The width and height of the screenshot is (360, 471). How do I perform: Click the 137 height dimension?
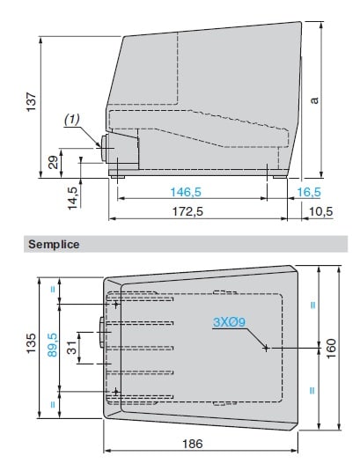[x=31, y=102]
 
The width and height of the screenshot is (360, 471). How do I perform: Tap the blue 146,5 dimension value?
[x=186, y=192]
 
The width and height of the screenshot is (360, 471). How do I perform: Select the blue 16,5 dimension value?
[x=309, y=192]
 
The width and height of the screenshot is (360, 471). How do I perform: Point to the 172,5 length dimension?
[x=187, y=211]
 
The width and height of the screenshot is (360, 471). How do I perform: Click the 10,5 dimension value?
[x=320, y=211]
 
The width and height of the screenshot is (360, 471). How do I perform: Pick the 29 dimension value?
[x=53, y=162]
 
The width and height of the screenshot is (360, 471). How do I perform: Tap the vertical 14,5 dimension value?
[x=72, y=198]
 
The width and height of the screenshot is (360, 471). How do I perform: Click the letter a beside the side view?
[x=314, y=100]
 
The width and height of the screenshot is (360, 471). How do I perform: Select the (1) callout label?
[x=72, y=120]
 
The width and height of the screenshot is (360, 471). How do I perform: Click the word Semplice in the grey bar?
[x=54, y=244]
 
